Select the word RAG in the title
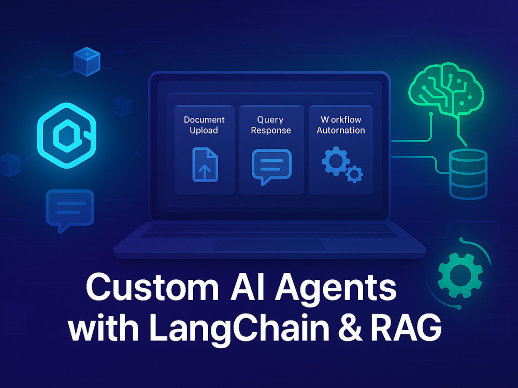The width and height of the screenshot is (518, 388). click(406, 327)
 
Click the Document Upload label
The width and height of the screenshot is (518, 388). click(204, 125)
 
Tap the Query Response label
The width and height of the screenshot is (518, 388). click(271, 125)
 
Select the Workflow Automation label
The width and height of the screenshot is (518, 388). click(341, 125)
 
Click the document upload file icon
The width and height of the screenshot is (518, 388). click(205, 165)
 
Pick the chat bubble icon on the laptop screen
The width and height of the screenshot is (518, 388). click(271, 166)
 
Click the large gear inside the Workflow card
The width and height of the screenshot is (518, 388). click(336, 161)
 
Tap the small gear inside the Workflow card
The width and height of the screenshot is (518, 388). click(354, 174)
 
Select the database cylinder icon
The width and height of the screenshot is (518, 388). click(468, 174)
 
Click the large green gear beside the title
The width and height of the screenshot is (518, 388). click(460, 275)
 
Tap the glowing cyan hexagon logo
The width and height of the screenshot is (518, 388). click(67, 136)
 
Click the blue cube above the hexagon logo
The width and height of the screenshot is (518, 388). click(87, 62)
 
